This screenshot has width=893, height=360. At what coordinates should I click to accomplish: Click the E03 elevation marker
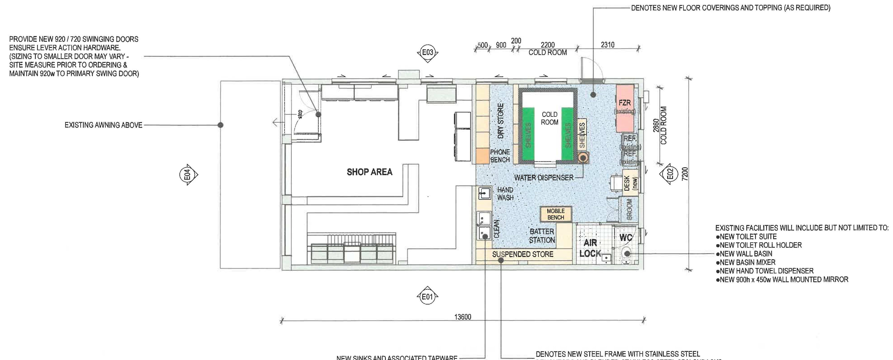click(x=427, y=53)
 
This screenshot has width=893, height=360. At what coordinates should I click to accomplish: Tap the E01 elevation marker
click(x=427, y=297)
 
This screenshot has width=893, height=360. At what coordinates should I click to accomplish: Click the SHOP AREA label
click(x=370, y=172)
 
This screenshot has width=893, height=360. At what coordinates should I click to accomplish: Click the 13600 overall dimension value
click(x=463, y=317)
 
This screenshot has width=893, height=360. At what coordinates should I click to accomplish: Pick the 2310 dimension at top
click(x=607, y=45)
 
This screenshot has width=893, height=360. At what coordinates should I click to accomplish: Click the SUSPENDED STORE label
click(x=523, y=254)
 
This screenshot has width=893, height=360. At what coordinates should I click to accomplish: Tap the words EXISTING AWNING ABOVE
click(x=103, y=125)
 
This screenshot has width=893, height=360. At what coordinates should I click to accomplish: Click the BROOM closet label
click(x=630, y=209)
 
